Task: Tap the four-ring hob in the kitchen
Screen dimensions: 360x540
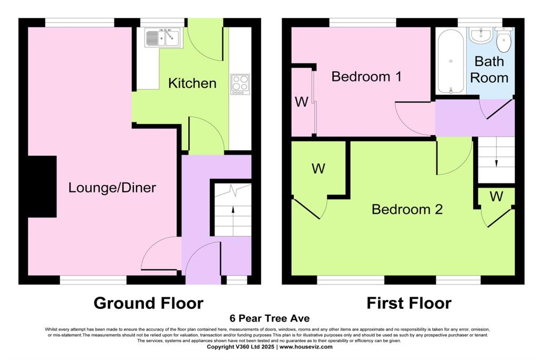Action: pos(240,85)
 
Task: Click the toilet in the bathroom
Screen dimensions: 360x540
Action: pos(505,40)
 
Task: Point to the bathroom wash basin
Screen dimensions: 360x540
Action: pos(481,36)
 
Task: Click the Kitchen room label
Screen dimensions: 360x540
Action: pos(192,83)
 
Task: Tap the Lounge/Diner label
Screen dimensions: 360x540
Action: pos(112,187)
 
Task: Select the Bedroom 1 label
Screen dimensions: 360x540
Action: pos(367,76)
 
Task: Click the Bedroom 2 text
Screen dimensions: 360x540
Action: pos(407,209)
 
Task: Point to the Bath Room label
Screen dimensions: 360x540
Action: pos(489,70)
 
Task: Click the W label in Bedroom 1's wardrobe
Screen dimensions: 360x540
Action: pos(301,102)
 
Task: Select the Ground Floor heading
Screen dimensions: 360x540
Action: pos(148,303)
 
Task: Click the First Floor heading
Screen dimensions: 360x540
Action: pos(409,303)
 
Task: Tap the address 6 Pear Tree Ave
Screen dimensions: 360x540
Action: pos(269,318)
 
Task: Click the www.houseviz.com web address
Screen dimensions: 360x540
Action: pos(306,347)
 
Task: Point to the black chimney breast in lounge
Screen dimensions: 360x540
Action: pos(42,187)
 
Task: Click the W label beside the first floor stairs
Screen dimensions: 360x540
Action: pos(496,197)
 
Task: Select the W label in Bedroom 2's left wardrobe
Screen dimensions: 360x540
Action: pos(318,169)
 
